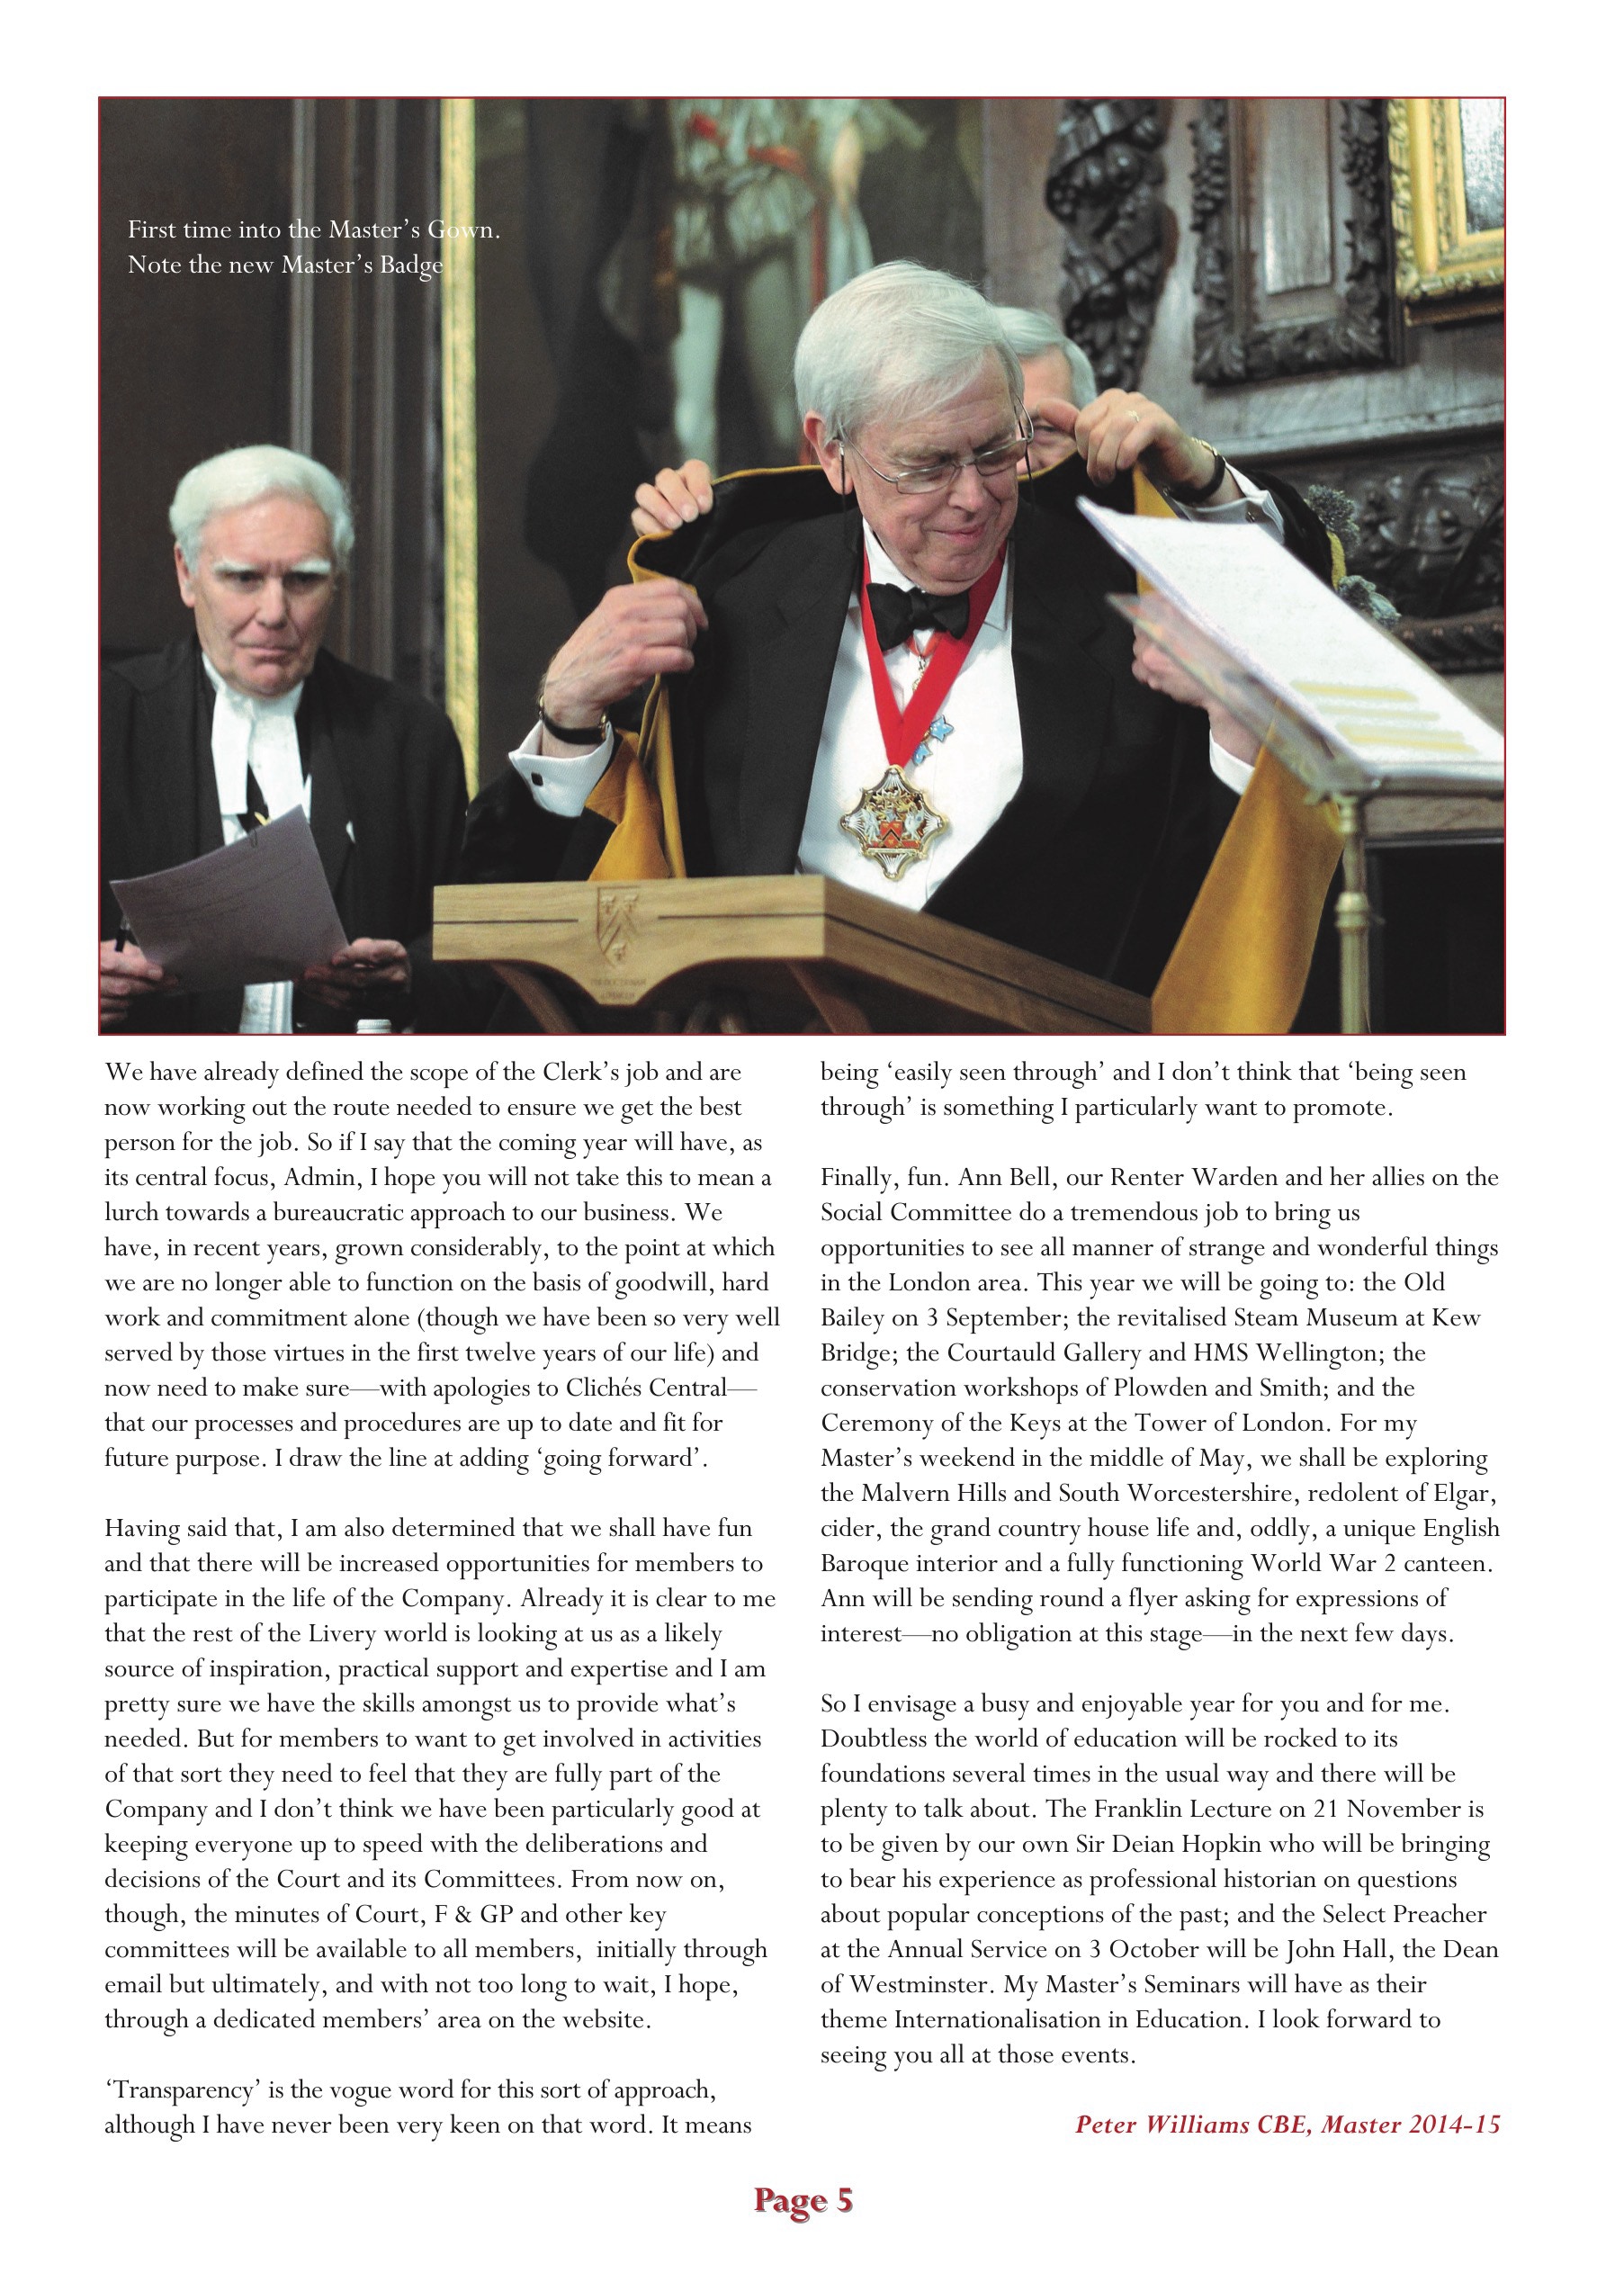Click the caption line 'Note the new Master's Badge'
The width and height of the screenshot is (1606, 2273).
[285, 265]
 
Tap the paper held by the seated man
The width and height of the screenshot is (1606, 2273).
[228, 901]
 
